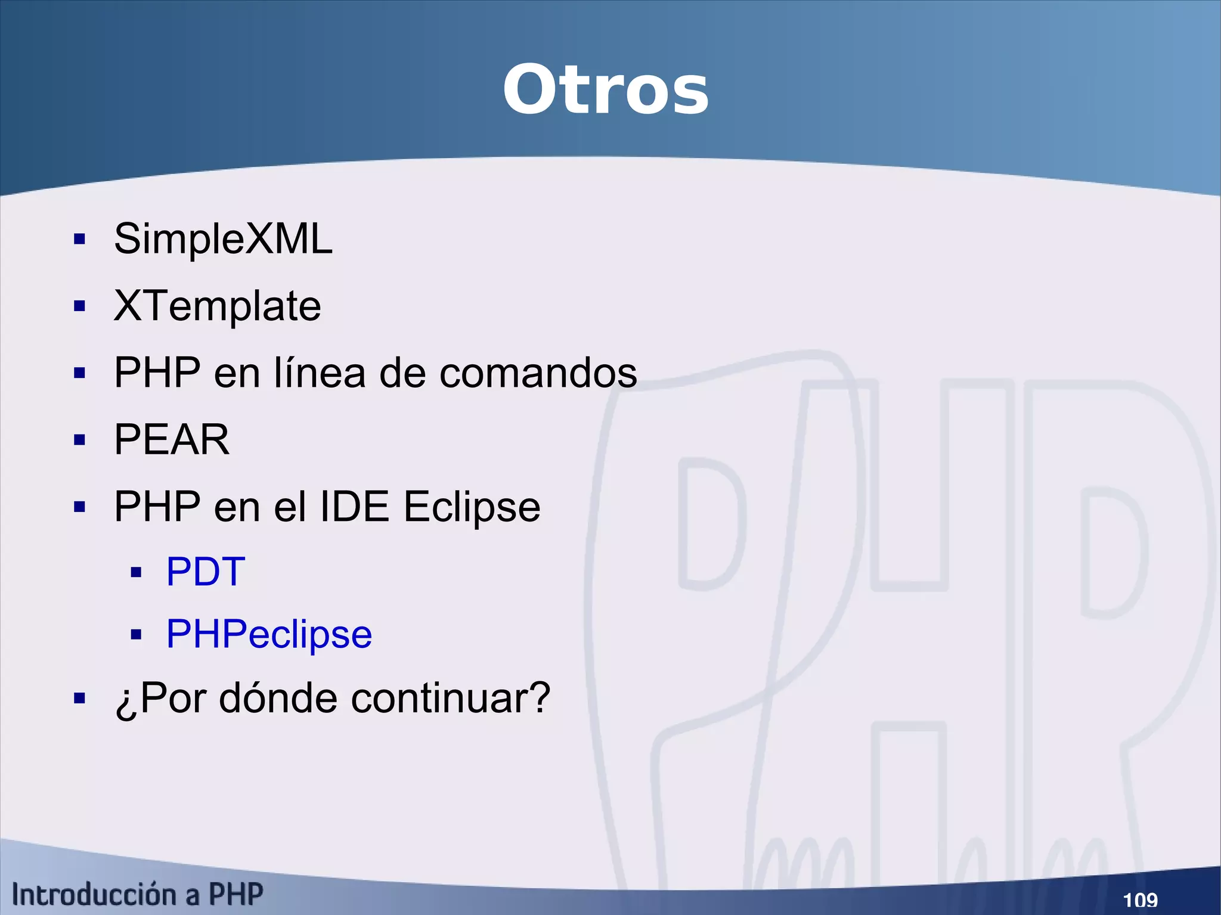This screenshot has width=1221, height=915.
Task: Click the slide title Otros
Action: [605, 90]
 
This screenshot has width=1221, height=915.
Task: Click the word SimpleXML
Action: [223, 239]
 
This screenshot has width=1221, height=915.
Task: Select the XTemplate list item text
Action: [217, 306]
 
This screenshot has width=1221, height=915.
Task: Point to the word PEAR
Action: [172, 440]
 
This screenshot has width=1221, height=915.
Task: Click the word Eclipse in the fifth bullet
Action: [472, 507]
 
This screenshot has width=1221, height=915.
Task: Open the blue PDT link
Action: [205, 572]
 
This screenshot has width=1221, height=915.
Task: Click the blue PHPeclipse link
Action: [269, 634]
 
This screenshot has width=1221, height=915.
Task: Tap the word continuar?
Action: [450, 698]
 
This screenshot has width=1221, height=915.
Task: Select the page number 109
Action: [1140, 899]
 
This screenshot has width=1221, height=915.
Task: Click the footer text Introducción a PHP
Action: [137, 895]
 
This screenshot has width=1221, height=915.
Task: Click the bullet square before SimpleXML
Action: [80, 240]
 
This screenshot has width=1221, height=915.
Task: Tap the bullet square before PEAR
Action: [80, 441]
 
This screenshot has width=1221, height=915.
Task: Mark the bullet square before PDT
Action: [136, 573]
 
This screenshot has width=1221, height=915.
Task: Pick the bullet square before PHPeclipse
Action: [136, 635]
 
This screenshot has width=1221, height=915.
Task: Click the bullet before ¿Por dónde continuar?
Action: [80, 698]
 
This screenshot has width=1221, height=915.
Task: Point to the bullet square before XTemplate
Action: [80, 306]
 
